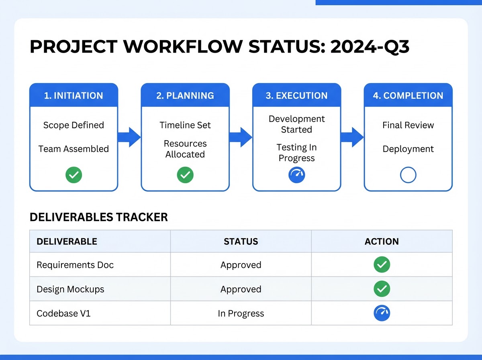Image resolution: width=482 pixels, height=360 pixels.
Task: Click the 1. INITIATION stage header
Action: point(74,96)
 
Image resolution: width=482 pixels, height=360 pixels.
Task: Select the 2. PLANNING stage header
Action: point(185,96)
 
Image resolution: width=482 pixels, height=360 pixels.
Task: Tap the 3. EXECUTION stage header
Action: point(297,96)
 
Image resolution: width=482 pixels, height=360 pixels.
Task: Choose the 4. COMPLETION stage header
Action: point(408,96)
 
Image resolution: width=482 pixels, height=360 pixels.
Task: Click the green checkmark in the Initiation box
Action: point(74,175)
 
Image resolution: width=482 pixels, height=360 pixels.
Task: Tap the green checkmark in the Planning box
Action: point(185,175)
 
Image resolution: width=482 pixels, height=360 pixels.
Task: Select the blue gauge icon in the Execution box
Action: point(297,175)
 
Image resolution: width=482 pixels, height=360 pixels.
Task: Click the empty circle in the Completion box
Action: point(408,175)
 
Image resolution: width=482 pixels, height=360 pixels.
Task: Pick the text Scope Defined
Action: point(74,125)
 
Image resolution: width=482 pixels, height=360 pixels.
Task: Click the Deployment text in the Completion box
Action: point(408,149)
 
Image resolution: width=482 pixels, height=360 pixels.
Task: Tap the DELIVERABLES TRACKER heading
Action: point(99,217)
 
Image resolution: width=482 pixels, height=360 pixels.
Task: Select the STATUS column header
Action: point(241,241)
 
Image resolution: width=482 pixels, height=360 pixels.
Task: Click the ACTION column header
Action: point(382,241)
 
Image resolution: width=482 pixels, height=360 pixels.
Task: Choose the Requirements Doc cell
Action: point(75,265)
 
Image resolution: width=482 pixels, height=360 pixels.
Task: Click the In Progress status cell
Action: point(241,313)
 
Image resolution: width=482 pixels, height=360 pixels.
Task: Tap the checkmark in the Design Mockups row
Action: point(382,289)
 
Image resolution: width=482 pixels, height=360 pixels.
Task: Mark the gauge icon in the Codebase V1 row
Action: point(382,313)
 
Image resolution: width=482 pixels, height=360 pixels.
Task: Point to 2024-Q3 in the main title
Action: point(370,47)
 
